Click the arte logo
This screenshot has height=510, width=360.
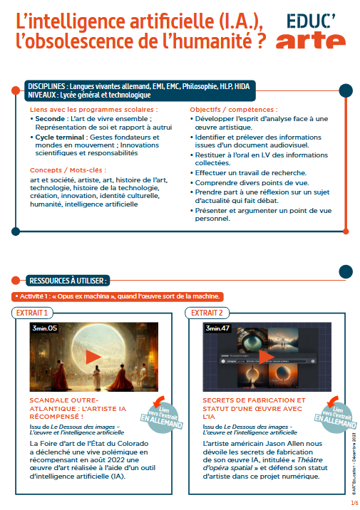coord(311,40)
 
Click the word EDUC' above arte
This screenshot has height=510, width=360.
coord(311,21)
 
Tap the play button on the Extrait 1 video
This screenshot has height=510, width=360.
coord(93,357)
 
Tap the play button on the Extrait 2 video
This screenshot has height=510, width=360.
coord(267,357)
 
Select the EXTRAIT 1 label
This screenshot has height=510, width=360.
coord(32,313)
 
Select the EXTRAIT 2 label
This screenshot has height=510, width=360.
coord(207,313)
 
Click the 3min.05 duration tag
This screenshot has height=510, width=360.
coord(44,328)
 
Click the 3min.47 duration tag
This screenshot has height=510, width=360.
coord(217,328)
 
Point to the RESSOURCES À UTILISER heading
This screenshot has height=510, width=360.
coord(68,281)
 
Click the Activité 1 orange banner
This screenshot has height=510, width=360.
coord(118,296)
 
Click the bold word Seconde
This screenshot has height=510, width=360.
coord(50,119)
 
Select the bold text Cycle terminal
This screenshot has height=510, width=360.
coord(60,137)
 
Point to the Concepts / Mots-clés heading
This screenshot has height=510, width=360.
coord(68,170)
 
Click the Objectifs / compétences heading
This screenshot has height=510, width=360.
coord(234,110)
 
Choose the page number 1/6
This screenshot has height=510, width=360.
coord(354,503)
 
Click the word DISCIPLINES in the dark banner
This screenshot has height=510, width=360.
coord(46,86)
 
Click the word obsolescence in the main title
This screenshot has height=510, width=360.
coord(82,41)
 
